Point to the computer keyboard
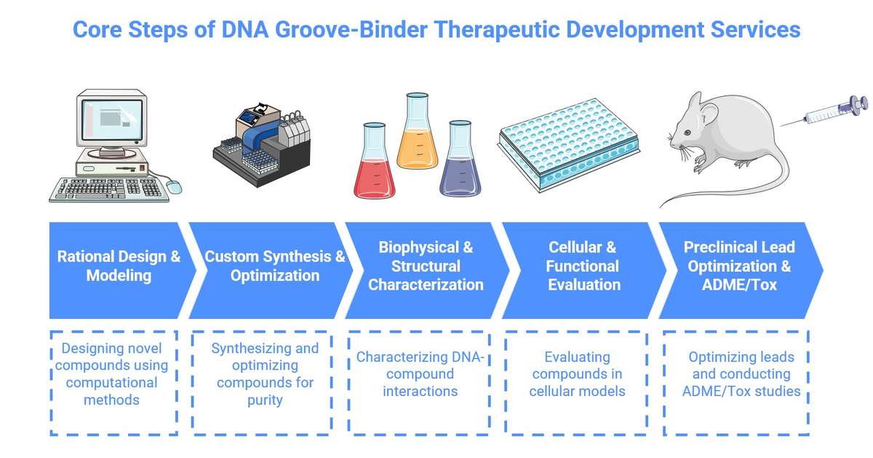coord(109,189)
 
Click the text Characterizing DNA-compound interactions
coord(420,374)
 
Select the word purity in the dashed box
coord(265,400)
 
